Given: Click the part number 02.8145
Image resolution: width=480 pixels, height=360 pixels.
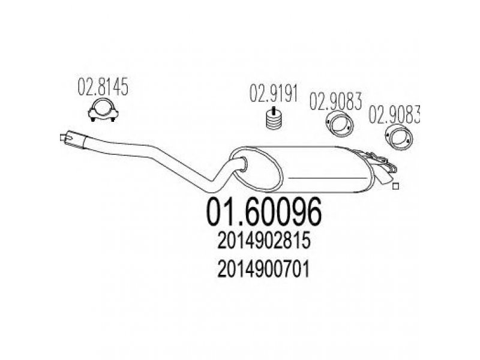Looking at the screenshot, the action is pyautogui.click(x=103, y=87).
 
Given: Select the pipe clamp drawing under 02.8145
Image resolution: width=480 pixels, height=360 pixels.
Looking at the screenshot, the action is pyautogui.click(x=103, y=110).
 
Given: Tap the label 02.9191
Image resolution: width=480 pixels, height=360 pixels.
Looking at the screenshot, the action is pyautogui.click(x=274, y=93).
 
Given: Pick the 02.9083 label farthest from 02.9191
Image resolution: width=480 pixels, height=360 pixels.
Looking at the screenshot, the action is pyautogui.click(x=394, y=115).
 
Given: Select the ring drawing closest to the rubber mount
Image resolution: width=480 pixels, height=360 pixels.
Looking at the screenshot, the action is pyautogui.click(x=339, y=125).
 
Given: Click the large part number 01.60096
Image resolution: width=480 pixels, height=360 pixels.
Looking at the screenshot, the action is pyautogui.click(x=264, y=212).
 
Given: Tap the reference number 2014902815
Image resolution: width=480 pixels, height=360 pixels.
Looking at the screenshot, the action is pyautogui.click(x=264, y=241).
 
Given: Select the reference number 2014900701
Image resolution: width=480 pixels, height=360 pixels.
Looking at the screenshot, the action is pyautogui.click(x=263, y=269).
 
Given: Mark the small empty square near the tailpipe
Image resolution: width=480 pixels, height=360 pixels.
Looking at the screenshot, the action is pyautogui.click(x=395, y=186).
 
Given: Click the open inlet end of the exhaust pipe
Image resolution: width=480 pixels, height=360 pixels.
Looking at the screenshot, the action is pyautogui.click(x=64, y=138).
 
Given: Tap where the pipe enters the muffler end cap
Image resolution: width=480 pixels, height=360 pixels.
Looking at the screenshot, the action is pyautogui.click(x=243, y=164).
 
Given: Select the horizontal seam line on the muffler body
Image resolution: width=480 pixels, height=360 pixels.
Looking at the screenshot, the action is pyautogui.click(x=328, y=178).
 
